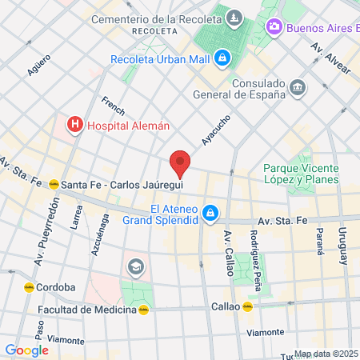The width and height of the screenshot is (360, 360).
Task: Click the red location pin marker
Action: coord(181,162)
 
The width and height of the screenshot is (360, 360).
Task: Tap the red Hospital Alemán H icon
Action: coord(75,124)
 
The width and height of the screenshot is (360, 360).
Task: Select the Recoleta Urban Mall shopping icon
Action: coord(224,58)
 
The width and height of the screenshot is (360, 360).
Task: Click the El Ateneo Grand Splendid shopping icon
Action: coord(210,213)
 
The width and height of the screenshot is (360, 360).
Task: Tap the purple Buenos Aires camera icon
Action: coord(274,27)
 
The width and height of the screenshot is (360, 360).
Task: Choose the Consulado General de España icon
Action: coord(298,86)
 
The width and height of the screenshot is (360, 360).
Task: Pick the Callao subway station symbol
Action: coord(248,306)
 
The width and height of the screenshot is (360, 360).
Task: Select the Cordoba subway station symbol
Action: coord(29,286)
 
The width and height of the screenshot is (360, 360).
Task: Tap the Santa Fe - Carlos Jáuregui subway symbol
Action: coord(54,184)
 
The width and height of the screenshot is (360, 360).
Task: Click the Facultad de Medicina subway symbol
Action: coord(144,310)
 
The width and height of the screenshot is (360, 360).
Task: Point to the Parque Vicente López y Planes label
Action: coord(302,174)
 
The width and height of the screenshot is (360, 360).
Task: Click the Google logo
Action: coord(26,350)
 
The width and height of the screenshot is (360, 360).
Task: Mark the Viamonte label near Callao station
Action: coord(265,331)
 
